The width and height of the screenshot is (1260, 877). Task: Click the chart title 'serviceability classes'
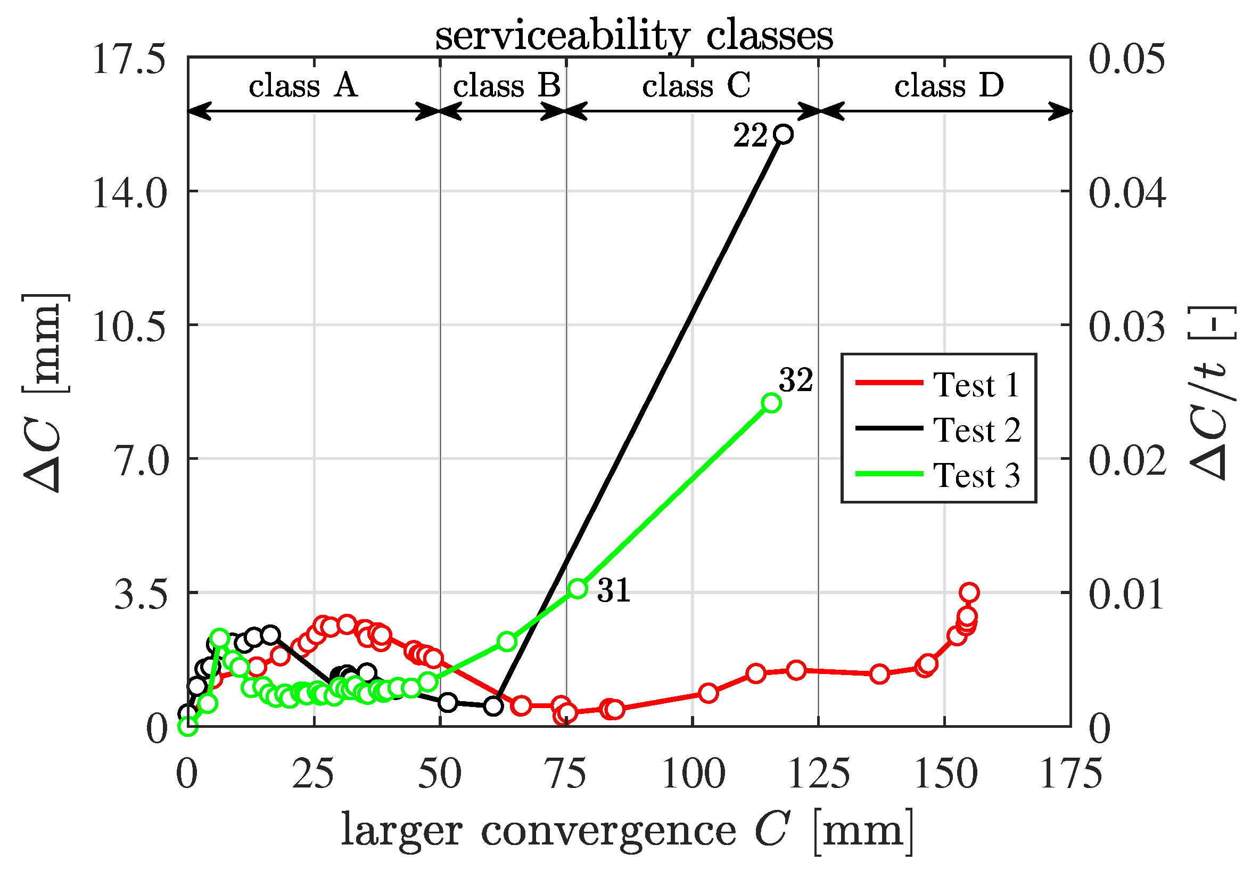click(x=634, y=36)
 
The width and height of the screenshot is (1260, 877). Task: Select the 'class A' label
click(x=303, y=86)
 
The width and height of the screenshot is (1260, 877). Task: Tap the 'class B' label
click(x=507, y=86)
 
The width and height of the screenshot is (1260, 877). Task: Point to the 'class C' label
click(x=696, y=86)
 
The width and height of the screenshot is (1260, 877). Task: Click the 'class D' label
click(x=949, y=86)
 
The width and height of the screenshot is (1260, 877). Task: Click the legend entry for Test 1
click(x=938, y=384)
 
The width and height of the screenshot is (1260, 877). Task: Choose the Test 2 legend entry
click(x=938, y=429)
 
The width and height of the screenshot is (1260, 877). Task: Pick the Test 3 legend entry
click(x=938, y=475)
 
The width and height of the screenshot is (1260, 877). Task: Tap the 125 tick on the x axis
click(x=819, y=774)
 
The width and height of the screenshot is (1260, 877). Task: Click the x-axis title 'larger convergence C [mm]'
click(x=627, y=831)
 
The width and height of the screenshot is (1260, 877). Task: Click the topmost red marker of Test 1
click(x=970, y=592)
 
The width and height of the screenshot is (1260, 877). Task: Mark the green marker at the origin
click(x=188, y=727)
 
